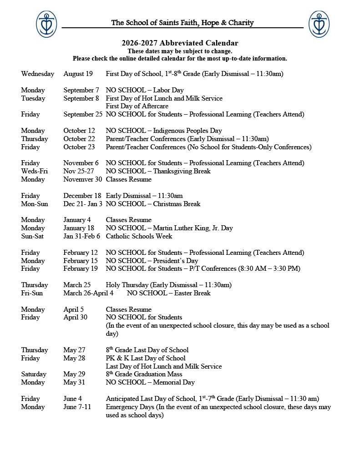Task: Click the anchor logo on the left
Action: coord(46,24)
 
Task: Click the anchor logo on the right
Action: coord(319,24)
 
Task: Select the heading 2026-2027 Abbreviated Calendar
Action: coord(180,43)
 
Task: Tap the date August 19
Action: coord(78,74)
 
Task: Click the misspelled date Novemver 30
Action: coord(83,179)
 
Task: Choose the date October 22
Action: coord(80,139)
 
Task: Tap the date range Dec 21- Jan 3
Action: coord(83,204)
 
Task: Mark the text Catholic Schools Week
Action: coord(139,236)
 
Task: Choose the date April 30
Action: coord(75,317)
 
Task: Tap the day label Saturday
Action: coord(34,374)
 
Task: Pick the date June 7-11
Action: coord(77,407)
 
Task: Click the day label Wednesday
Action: coord(37,74)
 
